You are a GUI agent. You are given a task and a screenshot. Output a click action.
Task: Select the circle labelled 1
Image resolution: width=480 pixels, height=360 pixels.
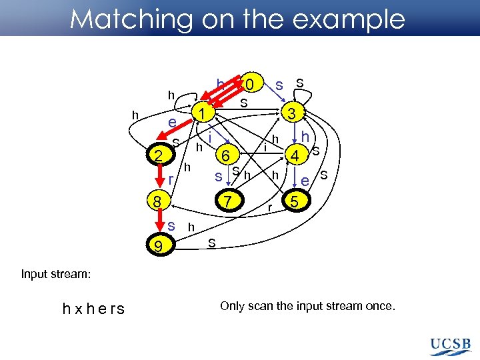pos(199,114)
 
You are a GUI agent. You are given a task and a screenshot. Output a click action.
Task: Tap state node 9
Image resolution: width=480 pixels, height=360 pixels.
pos(157,247)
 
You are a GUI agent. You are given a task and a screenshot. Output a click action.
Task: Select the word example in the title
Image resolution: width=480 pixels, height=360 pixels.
pos(352,19)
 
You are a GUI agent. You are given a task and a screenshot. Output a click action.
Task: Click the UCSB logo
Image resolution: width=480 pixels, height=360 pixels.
pos(451,345)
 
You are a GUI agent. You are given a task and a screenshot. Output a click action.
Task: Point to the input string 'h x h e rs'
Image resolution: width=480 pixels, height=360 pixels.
pos(93,309)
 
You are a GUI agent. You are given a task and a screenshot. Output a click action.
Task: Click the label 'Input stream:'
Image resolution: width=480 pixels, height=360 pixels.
pos(55,273)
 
